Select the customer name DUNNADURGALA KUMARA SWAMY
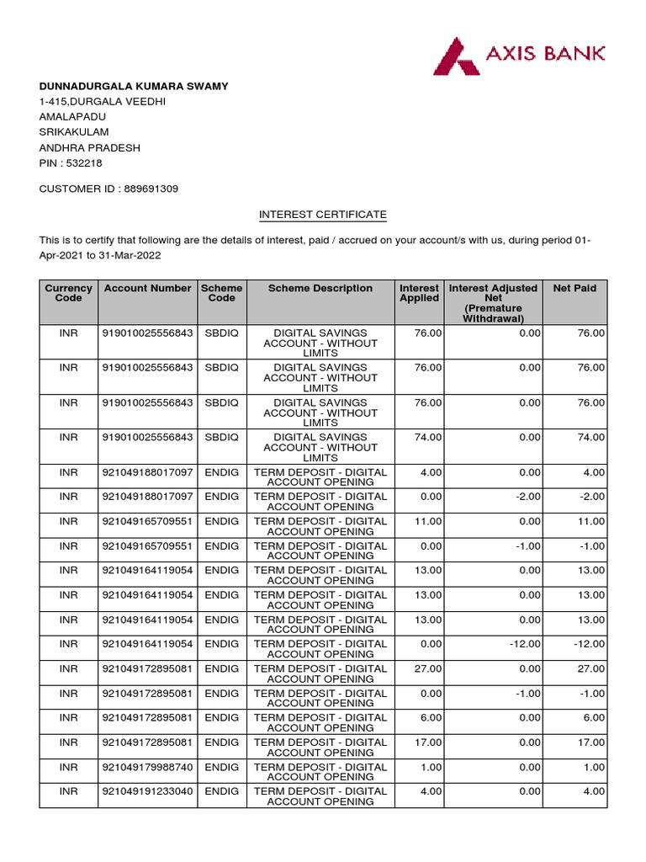[x=134, y=86]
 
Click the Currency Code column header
[x=68, y=293]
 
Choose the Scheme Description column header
[x=320, y=288]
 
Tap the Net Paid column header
[x=575, y=288]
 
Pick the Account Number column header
[x=147, y=288]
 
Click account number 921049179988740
[x=147, y=767]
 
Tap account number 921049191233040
[x=147, y=791]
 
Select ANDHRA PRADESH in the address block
[x=90, y=148]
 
